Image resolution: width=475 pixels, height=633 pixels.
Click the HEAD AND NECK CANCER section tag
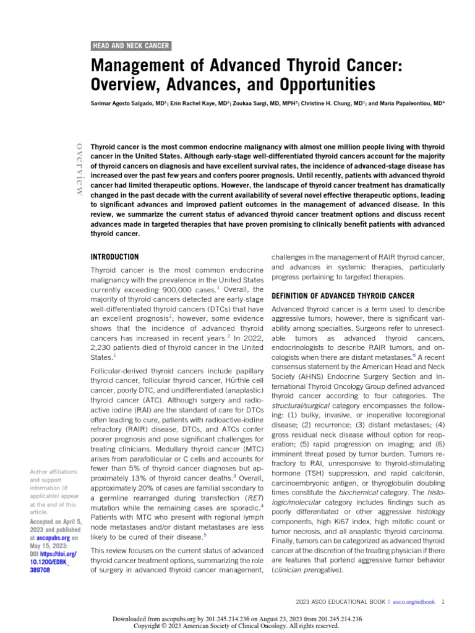131,46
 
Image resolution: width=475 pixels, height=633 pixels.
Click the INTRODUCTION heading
114,257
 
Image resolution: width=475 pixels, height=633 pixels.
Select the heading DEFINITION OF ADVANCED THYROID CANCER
343,296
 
